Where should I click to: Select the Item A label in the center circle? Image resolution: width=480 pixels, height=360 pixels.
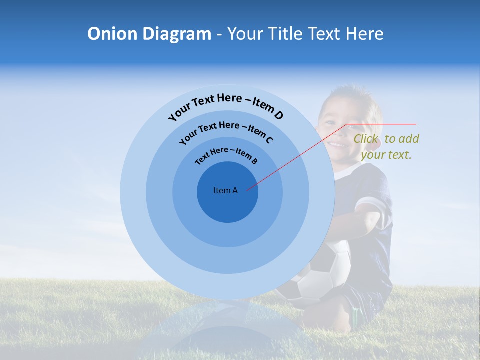tap(225, 190)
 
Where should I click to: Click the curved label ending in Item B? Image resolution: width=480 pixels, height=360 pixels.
tap(226, 154)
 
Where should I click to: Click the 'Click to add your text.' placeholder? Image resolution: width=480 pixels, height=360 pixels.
tap(386, 146)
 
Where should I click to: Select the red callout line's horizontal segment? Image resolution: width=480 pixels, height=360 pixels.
tap(382, 124)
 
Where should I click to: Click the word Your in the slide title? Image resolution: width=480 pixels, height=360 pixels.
tap(246, 34)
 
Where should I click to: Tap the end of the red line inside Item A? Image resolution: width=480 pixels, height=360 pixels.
tap(247, 190)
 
